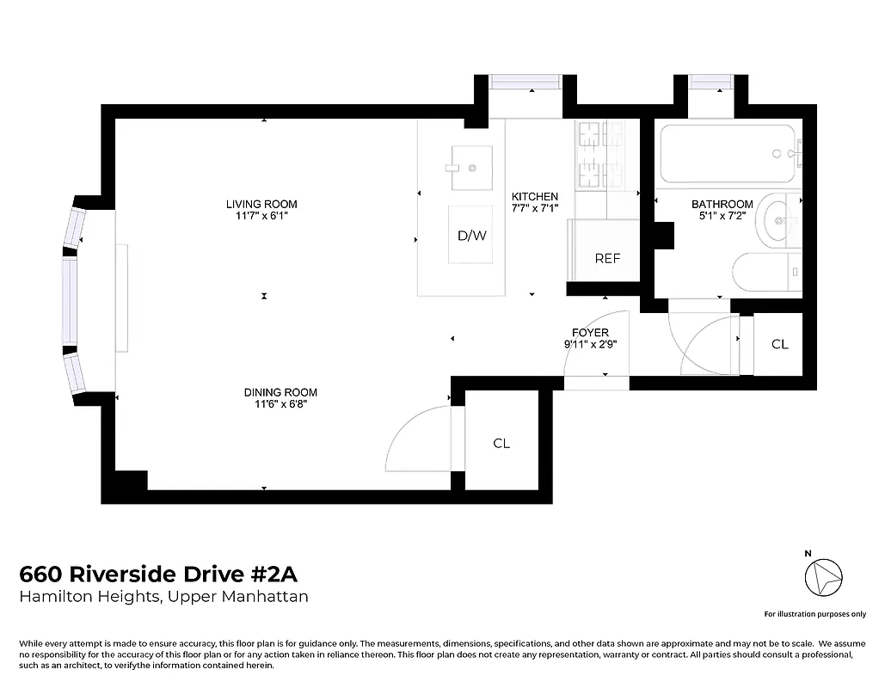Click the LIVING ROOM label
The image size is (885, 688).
click(x=261, y=204)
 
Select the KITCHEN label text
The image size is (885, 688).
click(x=535, y=196)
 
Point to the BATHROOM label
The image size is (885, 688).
click(x=722, y=204)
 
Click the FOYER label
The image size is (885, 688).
click(x=590, y=332)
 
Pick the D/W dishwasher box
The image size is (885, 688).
click(x=470, y=235)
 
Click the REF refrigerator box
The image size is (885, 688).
click(x=606, y=258)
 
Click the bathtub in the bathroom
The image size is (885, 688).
click(x=728, y=154)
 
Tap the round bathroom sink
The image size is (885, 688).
click(x=779, y=221)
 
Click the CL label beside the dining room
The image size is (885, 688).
click(x=501, y=443)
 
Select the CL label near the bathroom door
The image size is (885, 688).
click(x=779, y=344)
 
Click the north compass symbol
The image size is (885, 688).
click(x=823, y=576)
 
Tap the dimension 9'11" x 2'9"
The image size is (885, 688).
click(x=590, y=344)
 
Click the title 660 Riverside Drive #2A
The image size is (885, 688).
click(x=158, y=574)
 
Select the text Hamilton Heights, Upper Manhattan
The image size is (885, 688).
click(x=163, y=597)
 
